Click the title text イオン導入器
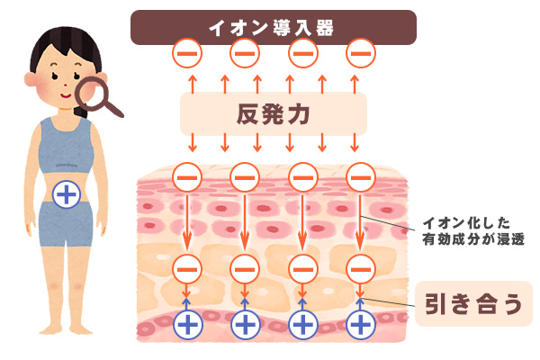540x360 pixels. [272, 26]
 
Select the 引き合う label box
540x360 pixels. [472, 301]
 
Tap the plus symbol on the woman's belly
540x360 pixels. [65, 192]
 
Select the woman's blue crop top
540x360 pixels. [65, 144]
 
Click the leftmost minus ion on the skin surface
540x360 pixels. [186, 177]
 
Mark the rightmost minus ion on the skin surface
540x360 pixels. [361, 177]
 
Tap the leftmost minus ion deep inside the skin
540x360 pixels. [186, 267]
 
